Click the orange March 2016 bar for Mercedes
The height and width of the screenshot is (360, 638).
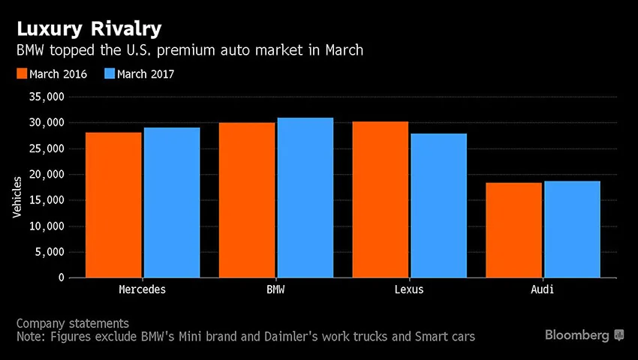[x=113, y=205]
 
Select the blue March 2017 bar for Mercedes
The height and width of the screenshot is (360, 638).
[x=172, y=202]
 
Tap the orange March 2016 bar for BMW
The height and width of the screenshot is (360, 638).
[x=247, y=200]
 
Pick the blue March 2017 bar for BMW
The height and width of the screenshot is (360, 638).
[x=305, y=198]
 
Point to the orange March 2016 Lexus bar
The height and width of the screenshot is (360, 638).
[x=381, y=199]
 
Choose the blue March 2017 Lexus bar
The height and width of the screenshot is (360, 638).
[x=439, y=205]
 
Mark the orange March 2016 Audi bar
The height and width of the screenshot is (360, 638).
[x=514, y=230]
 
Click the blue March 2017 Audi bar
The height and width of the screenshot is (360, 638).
[x=573, y=229]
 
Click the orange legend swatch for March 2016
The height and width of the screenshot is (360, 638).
[x=22, y=73]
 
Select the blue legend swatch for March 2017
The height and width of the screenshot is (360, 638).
[x=110, y=73]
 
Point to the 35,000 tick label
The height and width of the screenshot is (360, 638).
[x=47, y=97]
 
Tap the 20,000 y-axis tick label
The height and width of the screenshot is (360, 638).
[x=47, y=175]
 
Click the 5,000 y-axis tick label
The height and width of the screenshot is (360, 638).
[x=50, y=252]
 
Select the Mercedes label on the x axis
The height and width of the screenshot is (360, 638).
[x=143, y=289]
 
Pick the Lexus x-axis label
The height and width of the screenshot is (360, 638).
[x=409, y=289]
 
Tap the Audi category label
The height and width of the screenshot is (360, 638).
[x=543, y=289]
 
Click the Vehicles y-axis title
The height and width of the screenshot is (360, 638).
[x=17, y=197]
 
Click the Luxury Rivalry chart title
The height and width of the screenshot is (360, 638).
[x=89, y=30]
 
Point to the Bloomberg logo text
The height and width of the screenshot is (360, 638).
[x=577, y=335]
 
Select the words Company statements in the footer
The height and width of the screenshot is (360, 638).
[x=72, y=324]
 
